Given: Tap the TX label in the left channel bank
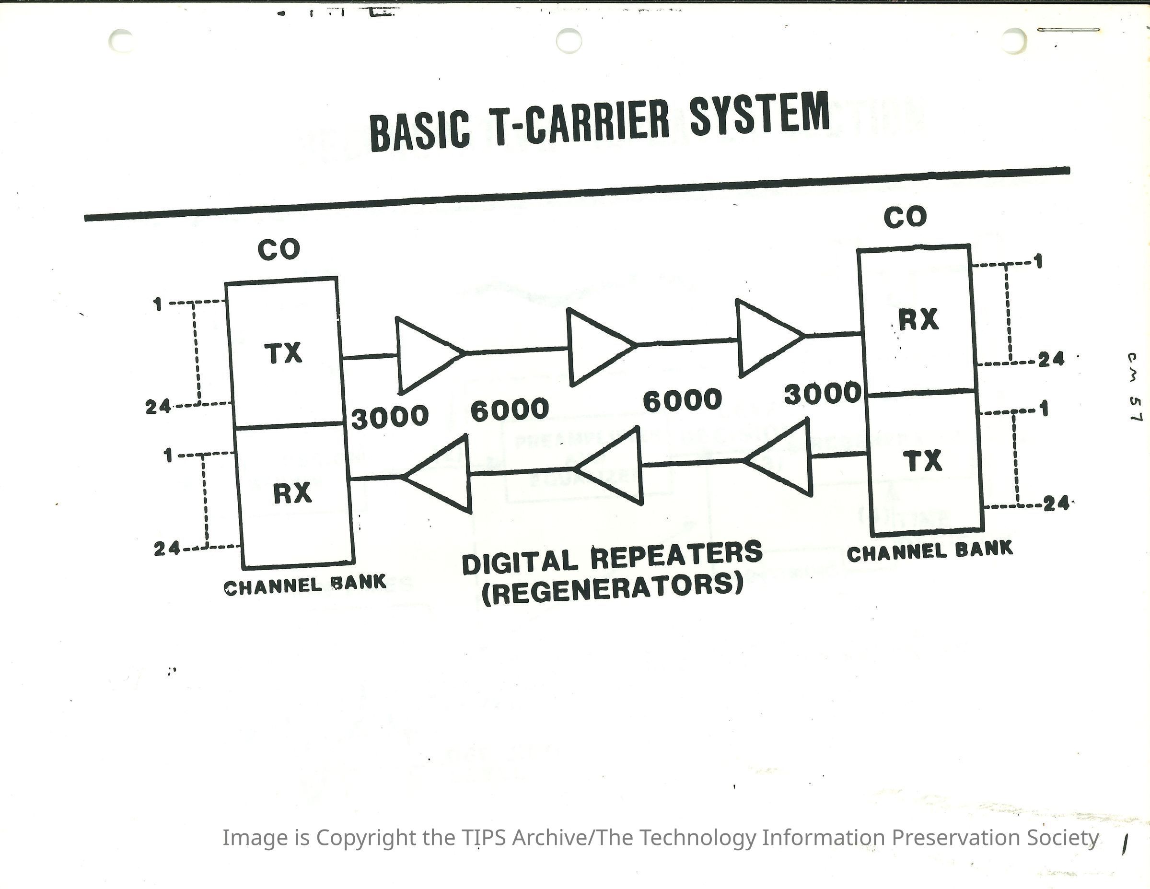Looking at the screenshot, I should pyautogui.click(x=283, y=353).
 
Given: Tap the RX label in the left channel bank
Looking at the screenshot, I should pyautogui.click(x=293, y=493).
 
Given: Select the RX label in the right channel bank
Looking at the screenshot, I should pyautogui.click(x=918, y=320).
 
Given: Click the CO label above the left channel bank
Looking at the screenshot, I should pyautogui.click(x=279, y=250).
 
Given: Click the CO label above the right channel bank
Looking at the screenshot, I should pyautogui.click(x=905, y=218).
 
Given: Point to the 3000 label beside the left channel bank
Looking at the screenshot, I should pyautogui.click(x=390, y=418).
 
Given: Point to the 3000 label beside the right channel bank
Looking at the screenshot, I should pyautogui.click(x=822, y=394).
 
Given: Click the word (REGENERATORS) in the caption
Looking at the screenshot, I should pyautogui.click(x=612, y=588).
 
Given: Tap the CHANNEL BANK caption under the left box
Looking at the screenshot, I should pyautogui.click(x=305, y=585).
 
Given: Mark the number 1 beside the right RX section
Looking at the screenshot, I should pyautogui.click(x=1038, y=261).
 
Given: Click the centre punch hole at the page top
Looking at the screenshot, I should pyautogui.click(x=569, y=41).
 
